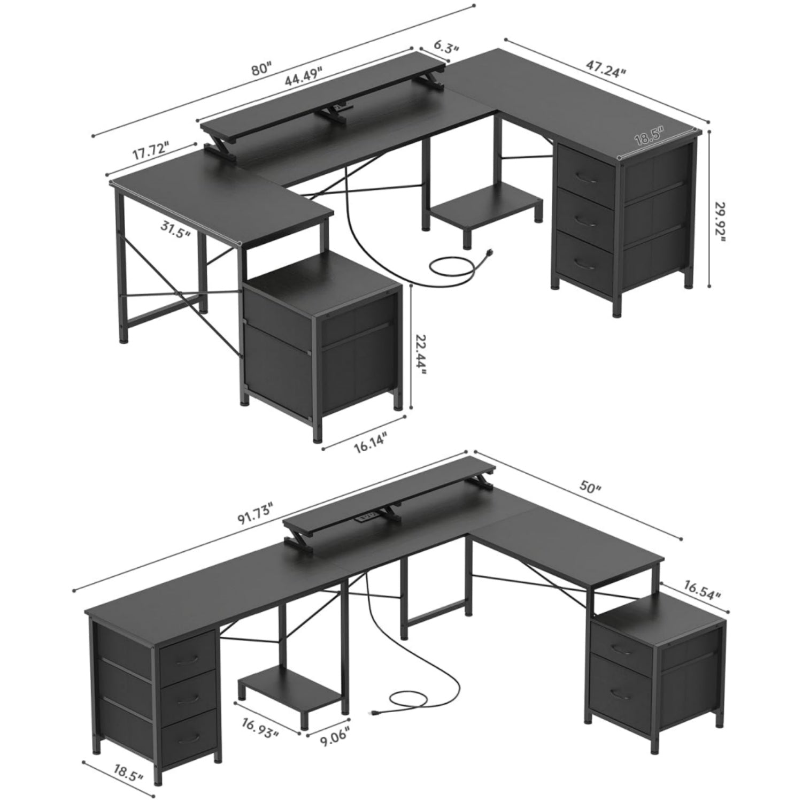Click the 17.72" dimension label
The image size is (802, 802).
pos(151,151)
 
